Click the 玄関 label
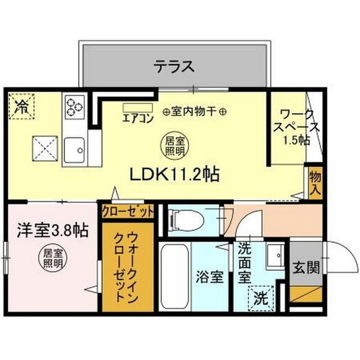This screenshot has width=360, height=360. [x=305, y=266]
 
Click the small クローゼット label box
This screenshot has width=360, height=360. [x=127, y=212]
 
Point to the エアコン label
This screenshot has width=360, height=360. [x=138, y=119]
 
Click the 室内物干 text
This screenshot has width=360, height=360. [x=194, y=112]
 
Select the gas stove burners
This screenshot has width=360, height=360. [x=74, y=106]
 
